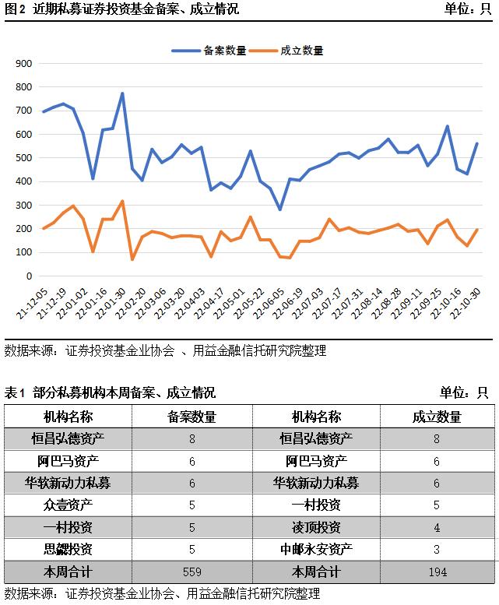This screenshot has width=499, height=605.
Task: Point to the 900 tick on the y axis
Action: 24,64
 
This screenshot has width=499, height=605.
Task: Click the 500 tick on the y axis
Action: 24,158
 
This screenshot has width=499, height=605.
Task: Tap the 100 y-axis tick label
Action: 24,252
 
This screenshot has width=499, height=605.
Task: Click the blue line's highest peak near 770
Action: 122,93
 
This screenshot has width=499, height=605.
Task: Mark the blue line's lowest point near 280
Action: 279,209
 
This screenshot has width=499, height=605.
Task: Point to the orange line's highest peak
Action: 122,201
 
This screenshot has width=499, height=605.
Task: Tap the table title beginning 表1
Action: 110,392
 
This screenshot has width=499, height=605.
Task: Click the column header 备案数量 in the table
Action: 192,417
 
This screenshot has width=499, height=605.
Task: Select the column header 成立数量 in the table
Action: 437,417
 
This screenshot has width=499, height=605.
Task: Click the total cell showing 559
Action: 192,572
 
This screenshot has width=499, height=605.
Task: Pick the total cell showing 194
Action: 437,572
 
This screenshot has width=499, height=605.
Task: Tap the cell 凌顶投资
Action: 316,527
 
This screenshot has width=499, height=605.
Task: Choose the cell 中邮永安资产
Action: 316,549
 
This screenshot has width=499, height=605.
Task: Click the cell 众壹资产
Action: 68,505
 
